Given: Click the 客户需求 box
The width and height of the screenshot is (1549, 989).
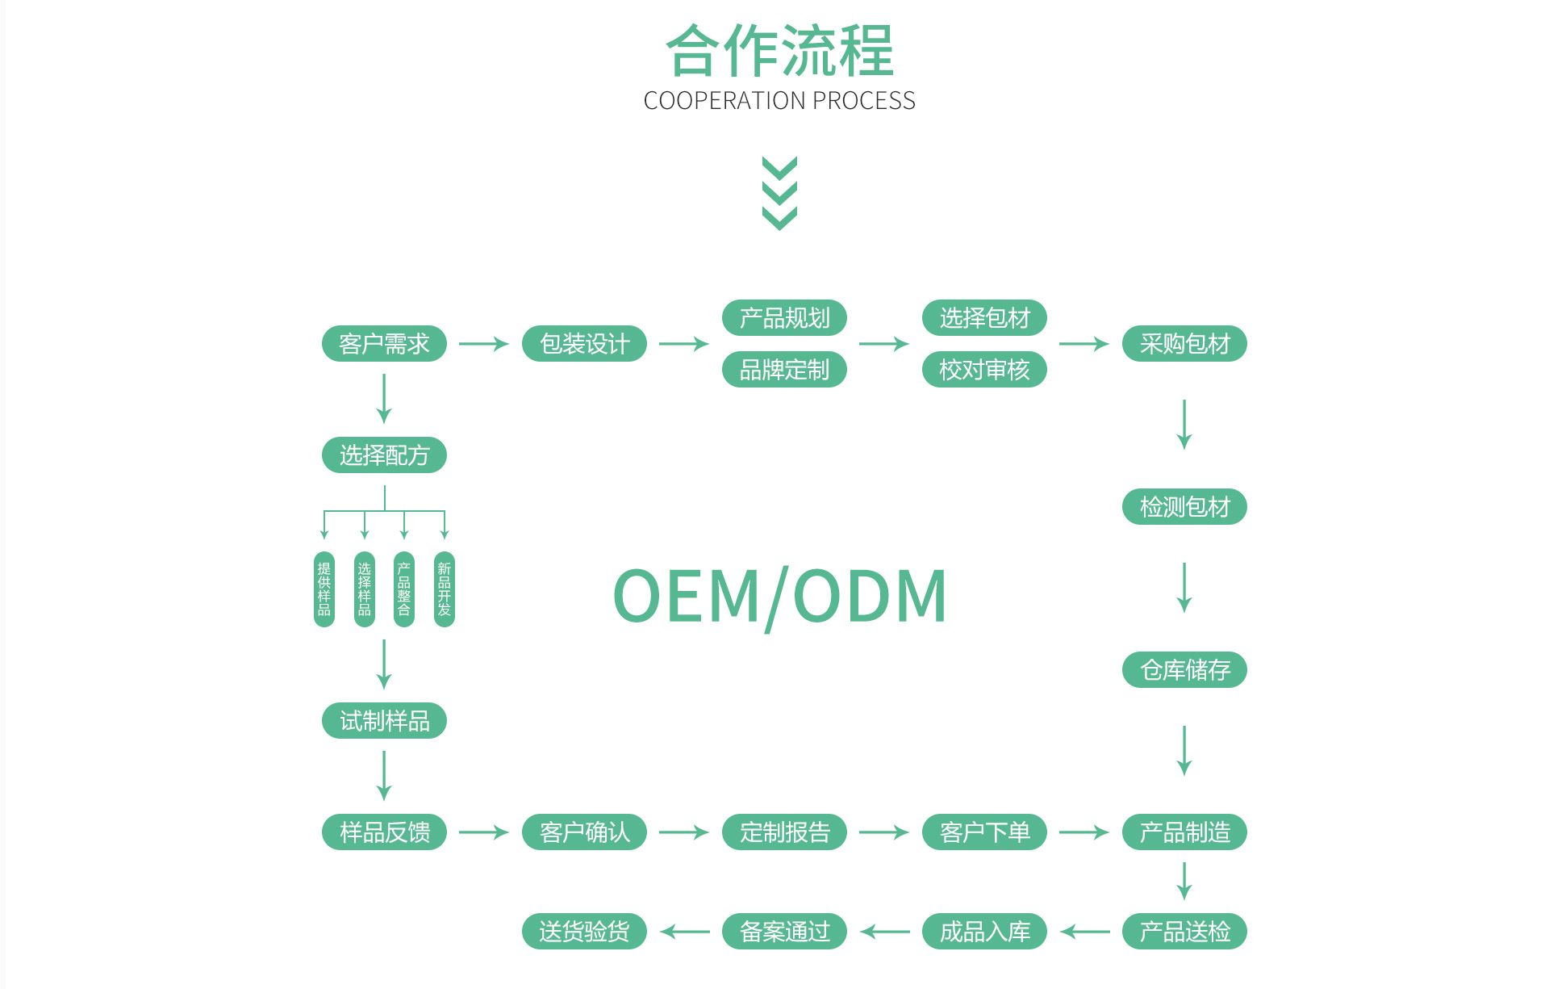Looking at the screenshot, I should (x=384, y=344).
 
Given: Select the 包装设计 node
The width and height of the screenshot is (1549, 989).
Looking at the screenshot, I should (x=584, y=344).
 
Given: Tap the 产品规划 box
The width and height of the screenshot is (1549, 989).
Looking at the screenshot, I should (x=784, y=318).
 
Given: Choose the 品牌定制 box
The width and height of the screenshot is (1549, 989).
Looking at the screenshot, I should (x=784, y=370).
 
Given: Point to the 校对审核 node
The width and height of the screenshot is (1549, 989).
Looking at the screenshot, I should (x=984, y=370).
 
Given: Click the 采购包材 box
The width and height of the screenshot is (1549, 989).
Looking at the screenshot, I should (x=1184, y=344).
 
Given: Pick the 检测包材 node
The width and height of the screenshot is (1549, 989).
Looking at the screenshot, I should (x=1184, y=507).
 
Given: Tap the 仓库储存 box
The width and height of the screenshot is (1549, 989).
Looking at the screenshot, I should (x=1184, y=670).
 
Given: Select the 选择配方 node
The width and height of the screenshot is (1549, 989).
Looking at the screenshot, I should (x=384, y=455).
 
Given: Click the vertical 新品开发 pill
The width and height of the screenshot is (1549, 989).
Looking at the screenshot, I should (x=445, y=589).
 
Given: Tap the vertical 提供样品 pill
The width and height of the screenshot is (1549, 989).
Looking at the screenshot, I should (x=324, y=589).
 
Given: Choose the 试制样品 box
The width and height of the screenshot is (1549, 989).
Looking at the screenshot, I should (x=384, y=721).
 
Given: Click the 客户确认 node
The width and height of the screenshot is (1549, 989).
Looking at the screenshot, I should (x=584, y=832).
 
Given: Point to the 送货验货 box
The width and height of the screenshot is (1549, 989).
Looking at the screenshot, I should (x=584, y=932).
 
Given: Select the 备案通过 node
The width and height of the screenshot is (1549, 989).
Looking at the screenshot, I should (x=784, y=932).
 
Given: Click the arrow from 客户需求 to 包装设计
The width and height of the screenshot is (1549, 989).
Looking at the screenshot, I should (x=484, y=344).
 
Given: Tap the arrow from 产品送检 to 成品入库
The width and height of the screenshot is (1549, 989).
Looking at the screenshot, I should (x=1085, y=932).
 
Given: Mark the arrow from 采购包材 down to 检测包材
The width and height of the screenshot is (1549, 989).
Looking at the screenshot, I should (x=1184, y=424).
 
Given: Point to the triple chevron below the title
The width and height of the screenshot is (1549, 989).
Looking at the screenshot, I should (x=779, y=193).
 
